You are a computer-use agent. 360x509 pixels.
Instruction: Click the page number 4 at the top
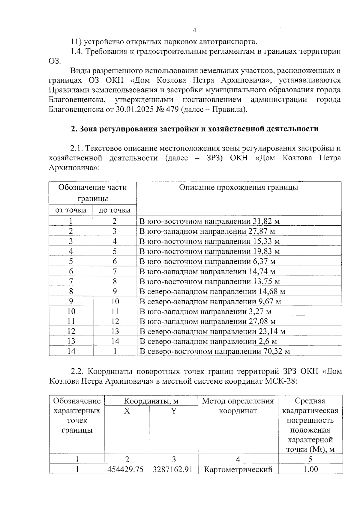click(x=194, y=30)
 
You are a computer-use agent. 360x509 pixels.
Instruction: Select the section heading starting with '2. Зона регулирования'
click(x=194, y=129)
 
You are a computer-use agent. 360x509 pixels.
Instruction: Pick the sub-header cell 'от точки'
click(x=71, y=210)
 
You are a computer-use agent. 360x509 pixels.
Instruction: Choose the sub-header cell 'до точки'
click(x=115, y=210)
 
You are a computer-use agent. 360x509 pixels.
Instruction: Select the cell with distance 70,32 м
click(x=214, y=351)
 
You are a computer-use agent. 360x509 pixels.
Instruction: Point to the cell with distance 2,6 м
click(x=208, y=341)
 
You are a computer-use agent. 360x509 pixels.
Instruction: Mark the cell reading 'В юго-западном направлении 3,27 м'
click(x=205, y=311)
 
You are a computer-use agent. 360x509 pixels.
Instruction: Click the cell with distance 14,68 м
click(x=212, y=291)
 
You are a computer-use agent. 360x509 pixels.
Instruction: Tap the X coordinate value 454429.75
click(x=127, y=469)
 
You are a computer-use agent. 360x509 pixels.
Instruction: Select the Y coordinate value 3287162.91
click(x=174, y=469)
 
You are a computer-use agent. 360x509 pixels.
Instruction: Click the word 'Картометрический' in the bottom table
click(x=238, y=469)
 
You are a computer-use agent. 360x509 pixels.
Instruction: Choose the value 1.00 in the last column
click(x=310, y=469)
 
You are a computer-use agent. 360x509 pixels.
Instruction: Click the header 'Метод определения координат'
click(x=238, y=406)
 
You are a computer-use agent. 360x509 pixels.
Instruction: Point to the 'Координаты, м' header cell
click(x=151, y=401)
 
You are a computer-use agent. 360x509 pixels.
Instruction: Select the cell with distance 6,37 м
click(x=207, y=261)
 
